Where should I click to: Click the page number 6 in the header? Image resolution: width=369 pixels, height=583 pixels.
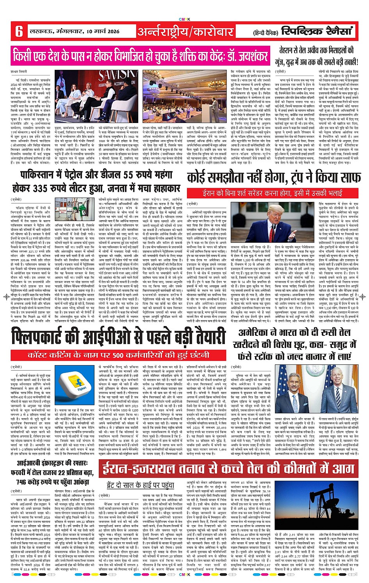(19, 31)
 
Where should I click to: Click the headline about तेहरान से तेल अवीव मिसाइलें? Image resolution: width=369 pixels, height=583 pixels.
(317, 55)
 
